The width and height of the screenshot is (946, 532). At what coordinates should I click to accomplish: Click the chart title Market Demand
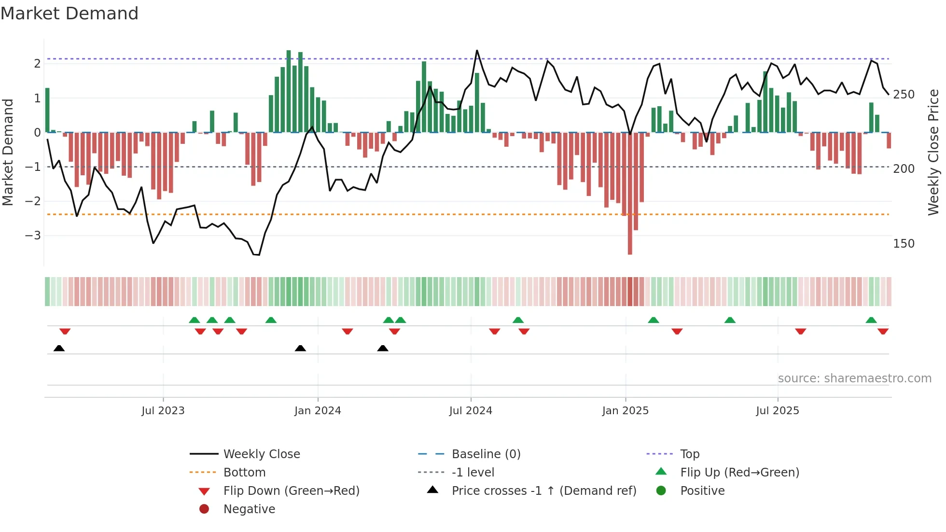70,14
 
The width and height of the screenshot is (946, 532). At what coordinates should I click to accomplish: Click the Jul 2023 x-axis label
163,411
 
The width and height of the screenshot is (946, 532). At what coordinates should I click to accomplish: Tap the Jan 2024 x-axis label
318,411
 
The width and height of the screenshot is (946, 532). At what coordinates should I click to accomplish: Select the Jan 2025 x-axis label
626,411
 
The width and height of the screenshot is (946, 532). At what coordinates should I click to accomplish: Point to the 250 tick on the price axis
904,95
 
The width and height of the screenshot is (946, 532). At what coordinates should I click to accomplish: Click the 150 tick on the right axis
904,244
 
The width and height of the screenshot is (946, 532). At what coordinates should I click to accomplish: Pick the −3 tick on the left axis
33,236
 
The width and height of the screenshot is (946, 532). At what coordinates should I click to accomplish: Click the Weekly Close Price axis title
933,152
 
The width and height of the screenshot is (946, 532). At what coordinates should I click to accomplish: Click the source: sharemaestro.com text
854,378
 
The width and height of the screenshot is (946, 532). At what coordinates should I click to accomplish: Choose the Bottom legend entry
244,473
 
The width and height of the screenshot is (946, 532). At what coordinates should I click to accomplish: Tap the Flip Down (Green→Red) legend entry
291,491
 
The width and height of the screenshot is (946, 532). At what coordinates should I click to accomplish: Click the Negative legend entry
249,509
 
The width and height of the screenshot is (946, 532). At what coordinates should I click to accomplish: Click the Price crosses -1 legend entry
544,491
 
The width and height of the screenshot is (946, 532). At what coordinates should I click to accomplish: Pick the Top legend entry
690,454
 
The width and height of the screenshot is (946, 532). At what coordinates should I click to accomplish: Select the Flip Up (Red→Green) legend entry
739,473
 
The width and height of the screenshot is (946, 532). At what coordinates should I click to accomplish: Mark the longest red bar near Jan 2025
630,193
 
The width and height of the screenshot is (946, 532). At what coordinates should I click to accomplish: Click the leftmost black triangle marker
59,349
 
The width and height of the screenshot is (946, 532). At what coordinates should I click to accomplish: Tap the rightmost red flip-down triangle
883,331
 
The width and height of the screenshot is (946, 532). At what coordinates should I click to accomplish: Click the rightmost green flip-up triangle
871,320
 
